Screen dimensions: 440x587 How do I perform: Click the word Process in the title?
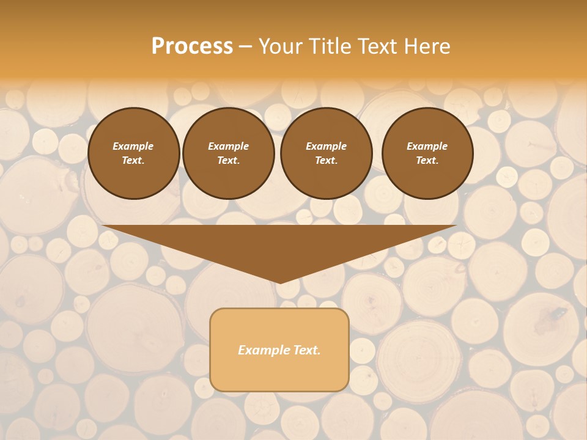[192, 46]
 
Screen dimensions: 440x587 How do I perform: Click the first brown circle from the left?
[133, 153]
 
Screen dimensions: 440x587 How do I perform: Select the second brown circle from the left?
[228, 153]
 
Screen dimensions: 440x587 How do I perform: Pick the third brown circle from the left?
[326, 153]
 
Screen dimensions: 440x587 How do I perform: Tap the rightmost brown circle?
[427, 153]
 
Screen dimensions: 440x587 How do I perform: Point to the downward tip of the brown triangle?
[279, 282]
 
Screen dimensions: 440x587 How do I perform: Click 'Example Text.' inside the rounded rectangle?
[279, 350]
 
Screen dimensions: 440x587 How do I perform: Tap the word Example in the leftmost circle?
[133, 147]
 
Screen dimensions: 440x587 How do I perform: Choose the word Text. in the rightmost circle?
[427, 161]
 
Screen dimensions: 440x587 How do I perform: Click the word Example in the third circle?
[326, 147]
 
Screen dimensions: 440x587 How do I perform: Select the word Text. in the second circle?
[228, 161]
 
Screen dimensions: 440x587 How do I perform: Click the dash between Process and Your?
[245, 46]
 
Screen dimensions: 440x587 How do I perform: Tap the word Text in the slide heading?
[377, 46]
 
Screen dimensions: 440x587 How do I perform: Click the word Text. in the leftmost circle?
[133, 161]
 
